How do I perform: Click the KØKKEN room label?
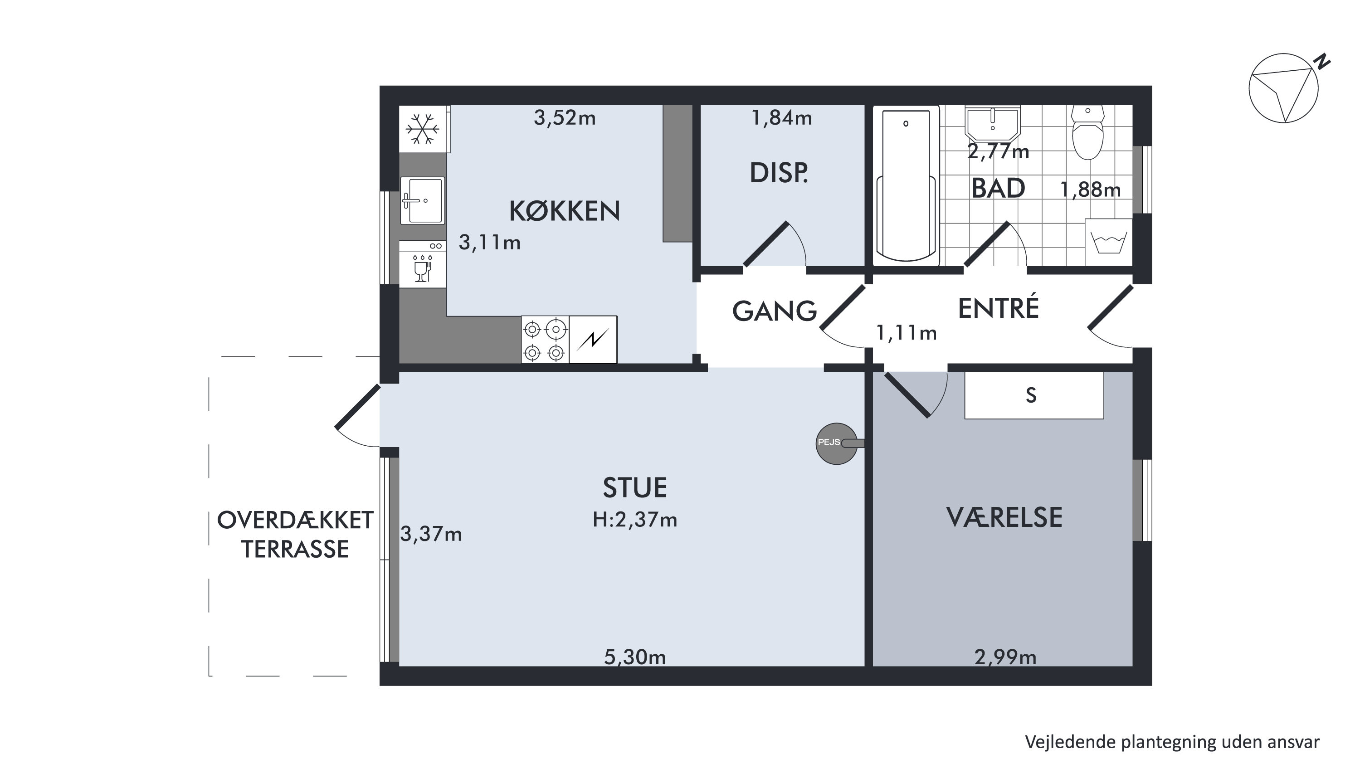[565, 211]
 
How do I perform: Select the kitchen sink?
[422, 201]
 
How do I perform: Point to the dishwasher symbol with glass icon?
[422, 264]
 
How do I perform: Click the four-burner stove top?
[545, 340]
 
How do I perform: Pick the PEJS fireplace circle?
[837, 443]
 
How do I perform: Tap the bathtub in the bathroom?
[906, 185]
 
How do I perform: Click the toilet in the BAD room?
[1088, 132]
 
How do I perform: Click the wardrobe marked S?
[1034, 395]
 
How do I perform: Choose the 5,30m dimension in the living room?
[634, 657]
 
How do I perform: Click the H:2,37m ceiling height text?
[634, 520]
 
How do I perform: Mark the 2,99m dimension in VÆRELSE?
[1005, 657]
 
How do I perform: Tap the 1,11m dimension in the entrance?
[907, 333]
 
